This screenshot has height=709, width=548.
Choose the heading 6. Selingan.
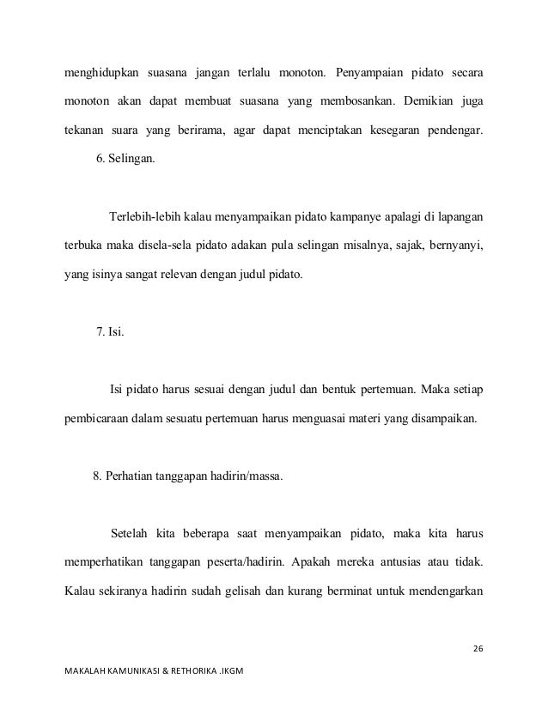(x=125, y=159)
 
